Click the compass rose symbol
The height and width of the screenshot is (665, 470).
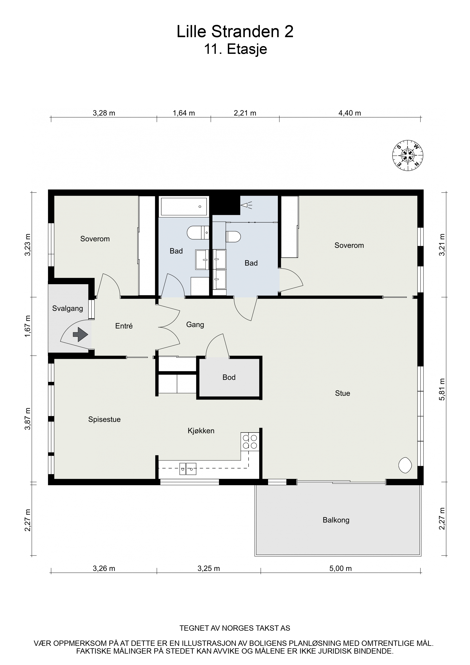407,155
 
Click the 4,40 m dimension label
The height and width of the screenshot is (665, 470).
349,113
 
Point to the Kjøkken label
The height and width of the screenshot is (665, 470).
201,431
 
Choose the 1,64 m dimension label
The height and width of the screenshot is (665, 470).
184,113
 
